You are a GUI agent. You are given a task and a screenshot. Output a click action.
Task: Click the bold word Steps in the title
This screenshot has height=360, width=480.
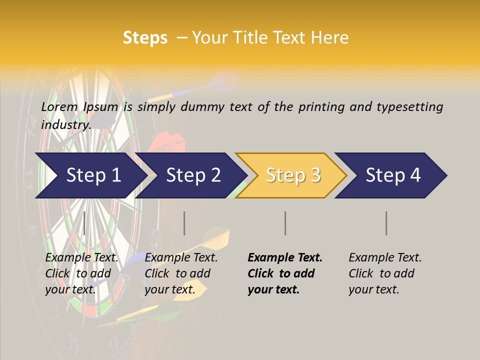point(145,38)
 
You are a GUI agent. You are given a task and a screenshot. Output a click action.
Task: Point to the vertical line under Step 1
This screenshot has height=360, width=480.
point(84,223)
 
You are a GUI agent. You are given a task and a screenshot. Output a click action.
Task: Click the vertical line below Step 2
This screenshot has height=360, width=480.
point(184,223)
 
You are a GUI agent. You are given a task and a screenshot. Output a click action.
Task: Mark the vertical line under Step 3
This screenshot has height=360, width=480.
point(285,223)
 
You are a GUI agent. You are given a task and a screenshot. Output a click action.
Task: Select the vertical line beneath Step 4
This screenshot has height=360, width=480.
point(386,223)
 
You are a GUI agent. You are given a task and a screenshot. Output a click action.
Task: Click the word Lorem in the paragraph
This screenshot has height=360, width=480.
point(59,106)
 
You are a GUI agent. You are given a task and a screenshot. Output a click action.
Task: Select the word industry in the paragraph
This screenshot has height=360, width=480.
point(65,124)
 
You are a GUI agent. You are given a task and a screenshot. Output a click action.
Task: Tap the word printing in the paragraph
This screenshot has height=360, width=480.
point(321,106)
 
